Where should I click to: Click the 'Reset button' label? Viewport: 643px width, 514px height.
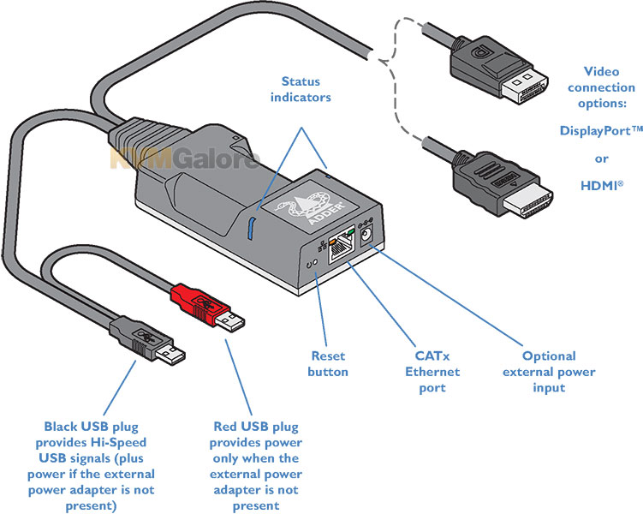[x=328, y=364]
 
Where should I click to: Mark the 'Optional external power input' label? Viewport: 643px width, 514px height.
[x=549, y=372]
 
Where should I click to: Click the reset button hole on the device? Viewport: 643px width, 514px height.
[x=314, y=262]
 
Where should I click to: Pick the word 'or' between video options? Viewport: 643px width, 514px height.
[x=601, y=159]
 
